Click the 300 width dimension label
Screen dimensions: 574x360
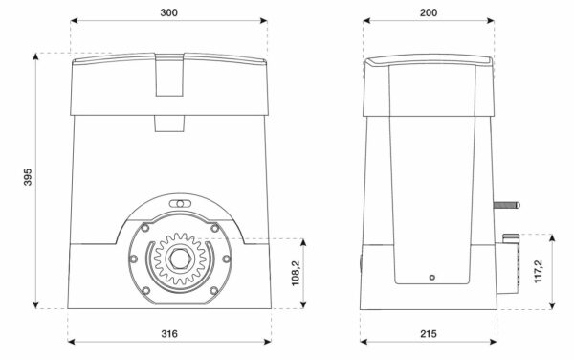coord(168,12)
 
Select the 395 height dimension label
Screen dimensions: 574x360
coord(28,177)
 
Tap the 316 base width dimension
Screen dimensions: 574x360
coord(169,333)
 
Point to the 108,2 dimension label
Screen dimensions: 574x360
coord(296,273)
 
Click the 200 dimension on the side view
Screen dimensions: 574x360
coord(429,12)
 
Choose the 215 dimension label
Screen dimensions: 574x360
coord(429,333)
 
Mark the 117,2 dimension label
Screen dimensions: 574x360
coord(539,271)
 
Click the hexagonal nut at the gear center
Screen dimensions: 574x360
coord(180,259)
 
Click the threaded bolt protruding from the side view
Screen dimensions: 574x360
coord(507,205)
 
